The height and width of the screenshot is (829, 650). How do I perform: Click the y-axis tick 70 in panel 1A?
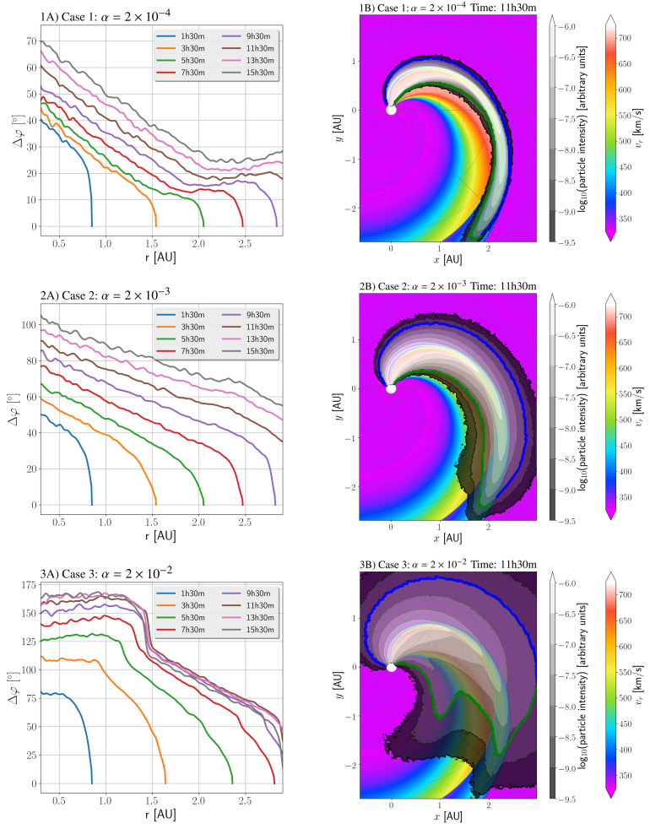(32, 41)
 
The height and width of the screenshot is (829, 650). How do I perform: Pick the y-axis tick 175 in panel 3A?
(30, 584)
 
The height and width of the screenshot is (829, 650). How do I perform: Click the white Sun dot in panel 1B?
(391, 110)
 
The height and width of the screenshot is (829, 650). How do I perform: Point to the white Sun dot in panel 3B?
(391, 667)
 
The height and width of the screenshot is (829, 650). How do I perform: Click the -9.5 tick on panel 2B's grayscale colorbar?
(571, 521)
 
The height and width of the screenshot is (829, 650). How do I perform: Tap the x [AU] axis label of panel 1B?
(448, 260)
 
